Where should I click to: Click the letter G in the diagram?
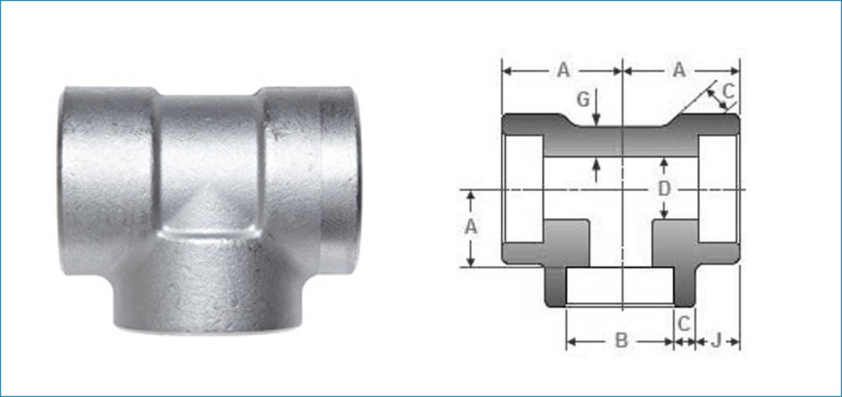pos(583,100)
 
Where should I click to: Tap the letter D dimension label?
pos(664,189)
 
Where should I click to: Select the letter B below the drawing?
pos(622,341)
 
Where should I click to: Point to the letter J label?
pos(717,340)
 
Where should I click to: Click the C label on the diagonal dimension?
pos(728,90)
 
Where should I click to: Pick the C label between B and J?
pos(685,323)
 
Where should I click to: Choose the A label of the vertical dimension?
pos(471,227)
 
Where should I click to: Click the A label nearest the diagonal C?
pos(679,70)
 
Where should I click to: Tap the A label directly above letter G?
pos(563,70)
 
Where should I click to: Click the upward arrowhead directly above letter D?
pos(664,163)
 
